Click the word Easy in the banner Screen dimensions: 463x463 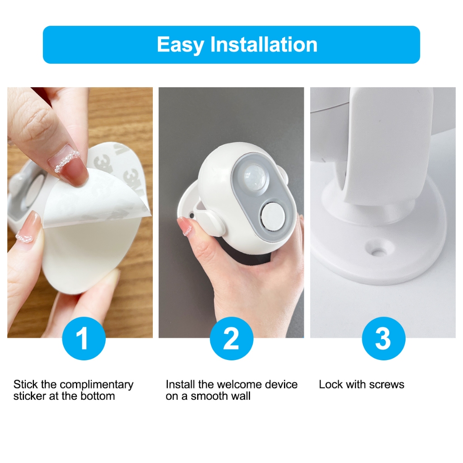coord(180,45)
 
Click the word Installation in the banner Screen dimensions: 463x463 coord(264,44)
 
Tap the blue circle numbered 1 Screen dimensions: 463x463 coord(84,338)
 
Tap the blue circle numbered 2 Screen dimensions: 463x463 coord(231,338)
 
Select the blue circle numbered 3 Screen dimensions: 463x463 coord(383,338)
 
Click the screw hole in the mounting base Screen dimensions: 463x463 coord(377,251)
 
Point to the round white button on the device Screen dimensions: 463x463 coord(272,216)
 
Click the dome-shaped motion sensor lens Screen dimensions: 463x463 coord(254,178)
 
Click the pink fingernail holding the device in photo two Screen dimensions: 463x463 coord(185,226)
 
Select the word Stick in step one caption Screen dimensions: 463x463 coord(26,384)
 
